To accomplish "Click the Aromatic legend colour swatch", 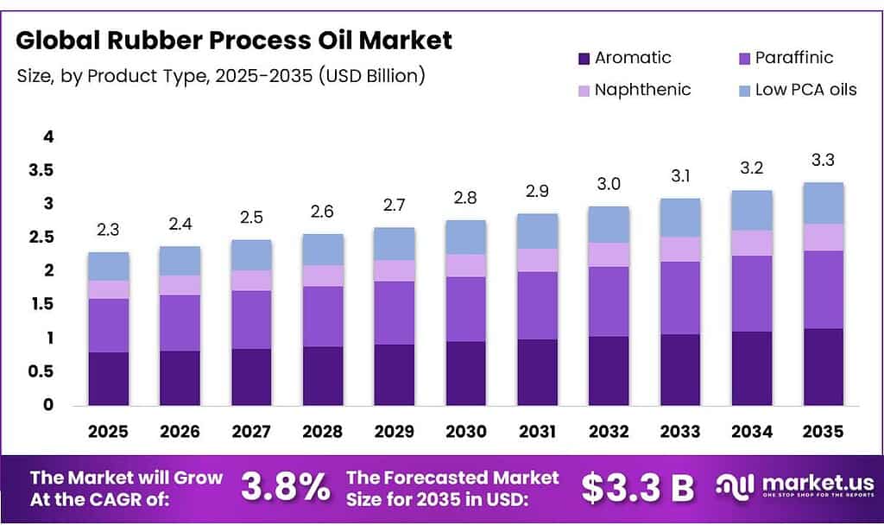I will tap(583, 59).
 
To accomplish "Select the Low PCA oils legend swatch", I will tap(743, 90).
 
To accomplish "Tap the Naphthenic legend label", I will tap(642, 90).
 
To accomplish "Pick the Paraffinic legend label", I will tap(794, 58).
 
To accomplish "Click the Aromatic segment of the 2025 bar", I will tap(109, 378).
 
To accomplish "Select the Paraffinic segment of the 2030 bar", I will tap(466, 309).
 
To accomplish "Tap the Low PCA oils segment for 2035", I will tap(824, 203).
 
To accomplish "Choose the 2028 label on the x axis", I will tap(323, 431).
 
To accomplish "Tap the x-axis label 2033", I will tap(680, 431).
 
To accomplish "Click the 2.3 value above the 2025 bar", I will tap(109, 231).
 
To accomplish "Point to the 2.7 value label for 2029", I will tap(395, 206).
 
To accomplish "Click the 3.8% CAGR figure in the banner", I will tap(285, 488).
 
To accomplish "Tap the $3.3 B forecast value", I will tap(637, 488).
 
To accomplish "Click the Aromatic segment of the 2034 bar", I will tap(752, 368).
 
